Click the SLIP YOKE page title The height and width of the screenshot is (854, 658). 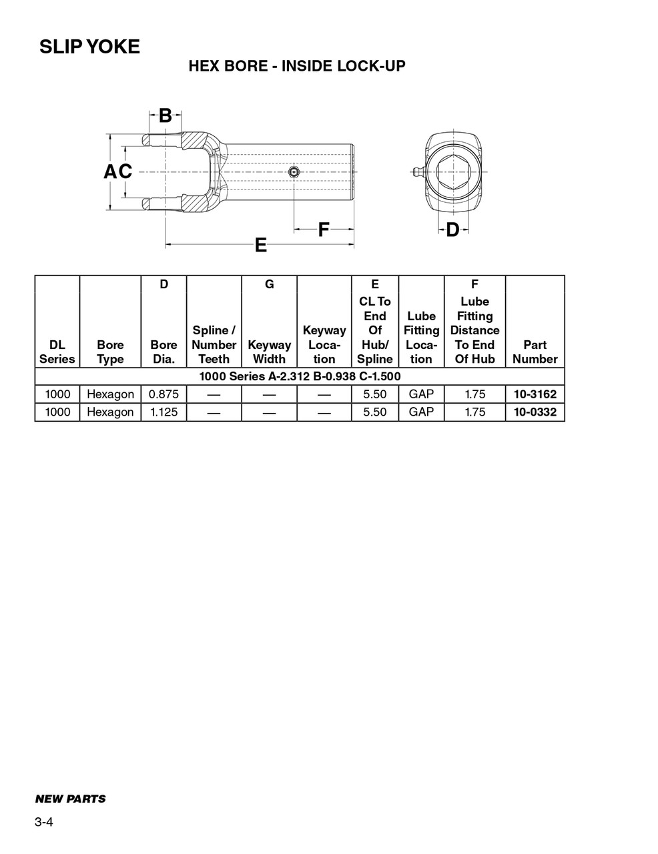click(x=89, y=47)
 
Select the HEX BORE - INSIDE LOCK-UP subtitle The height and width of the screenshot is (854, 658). click(x=296, y=66)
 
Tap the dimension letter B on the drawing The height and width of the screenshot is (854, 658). click(x=165, y=115)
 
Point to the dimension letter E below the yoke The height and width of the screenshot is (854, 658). click(x=260, y=246)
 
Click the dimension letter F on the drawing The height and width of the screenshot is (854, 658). click(x=323, y=230)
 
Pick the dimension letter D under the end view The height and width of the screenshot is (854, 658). click(x=452, y=230)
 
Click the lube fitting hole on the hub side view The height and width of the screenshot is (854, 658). click(x=294, y=172)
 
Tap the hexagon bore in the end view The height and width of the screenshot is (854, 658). click(x=453, y=171)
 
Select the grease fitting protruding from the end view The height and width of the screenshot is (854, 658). click(x=416, y=171)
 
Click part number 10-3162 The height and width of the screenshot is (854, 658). click(x=535, y=394)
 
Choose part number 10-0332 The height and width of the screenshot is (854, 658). click(x=535, y=412)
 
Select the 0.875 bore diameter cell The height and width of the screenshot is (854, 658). click(x=163, y=394)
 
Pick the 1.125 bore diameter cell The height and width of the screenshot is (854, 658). click(x=163, y=412)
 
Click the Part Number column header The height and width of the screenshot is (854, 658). click(x=535, y=352)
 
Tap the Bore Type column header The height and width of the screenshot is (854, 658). click(x=110, y=352)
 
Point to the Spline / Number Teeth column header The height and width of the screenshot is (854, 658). click(x=214, y=344)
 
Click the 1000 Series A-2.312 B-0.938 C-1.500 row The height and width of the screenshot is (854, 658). click(x=300, y=376)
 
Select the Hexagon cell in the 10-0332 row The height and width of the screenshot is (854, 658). click(x=110, y=412)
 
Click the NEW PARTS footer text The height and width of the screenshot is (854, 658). click(x=70, y=799)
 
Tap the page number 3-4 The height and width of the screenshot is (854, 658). click(x=44, y=822)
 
